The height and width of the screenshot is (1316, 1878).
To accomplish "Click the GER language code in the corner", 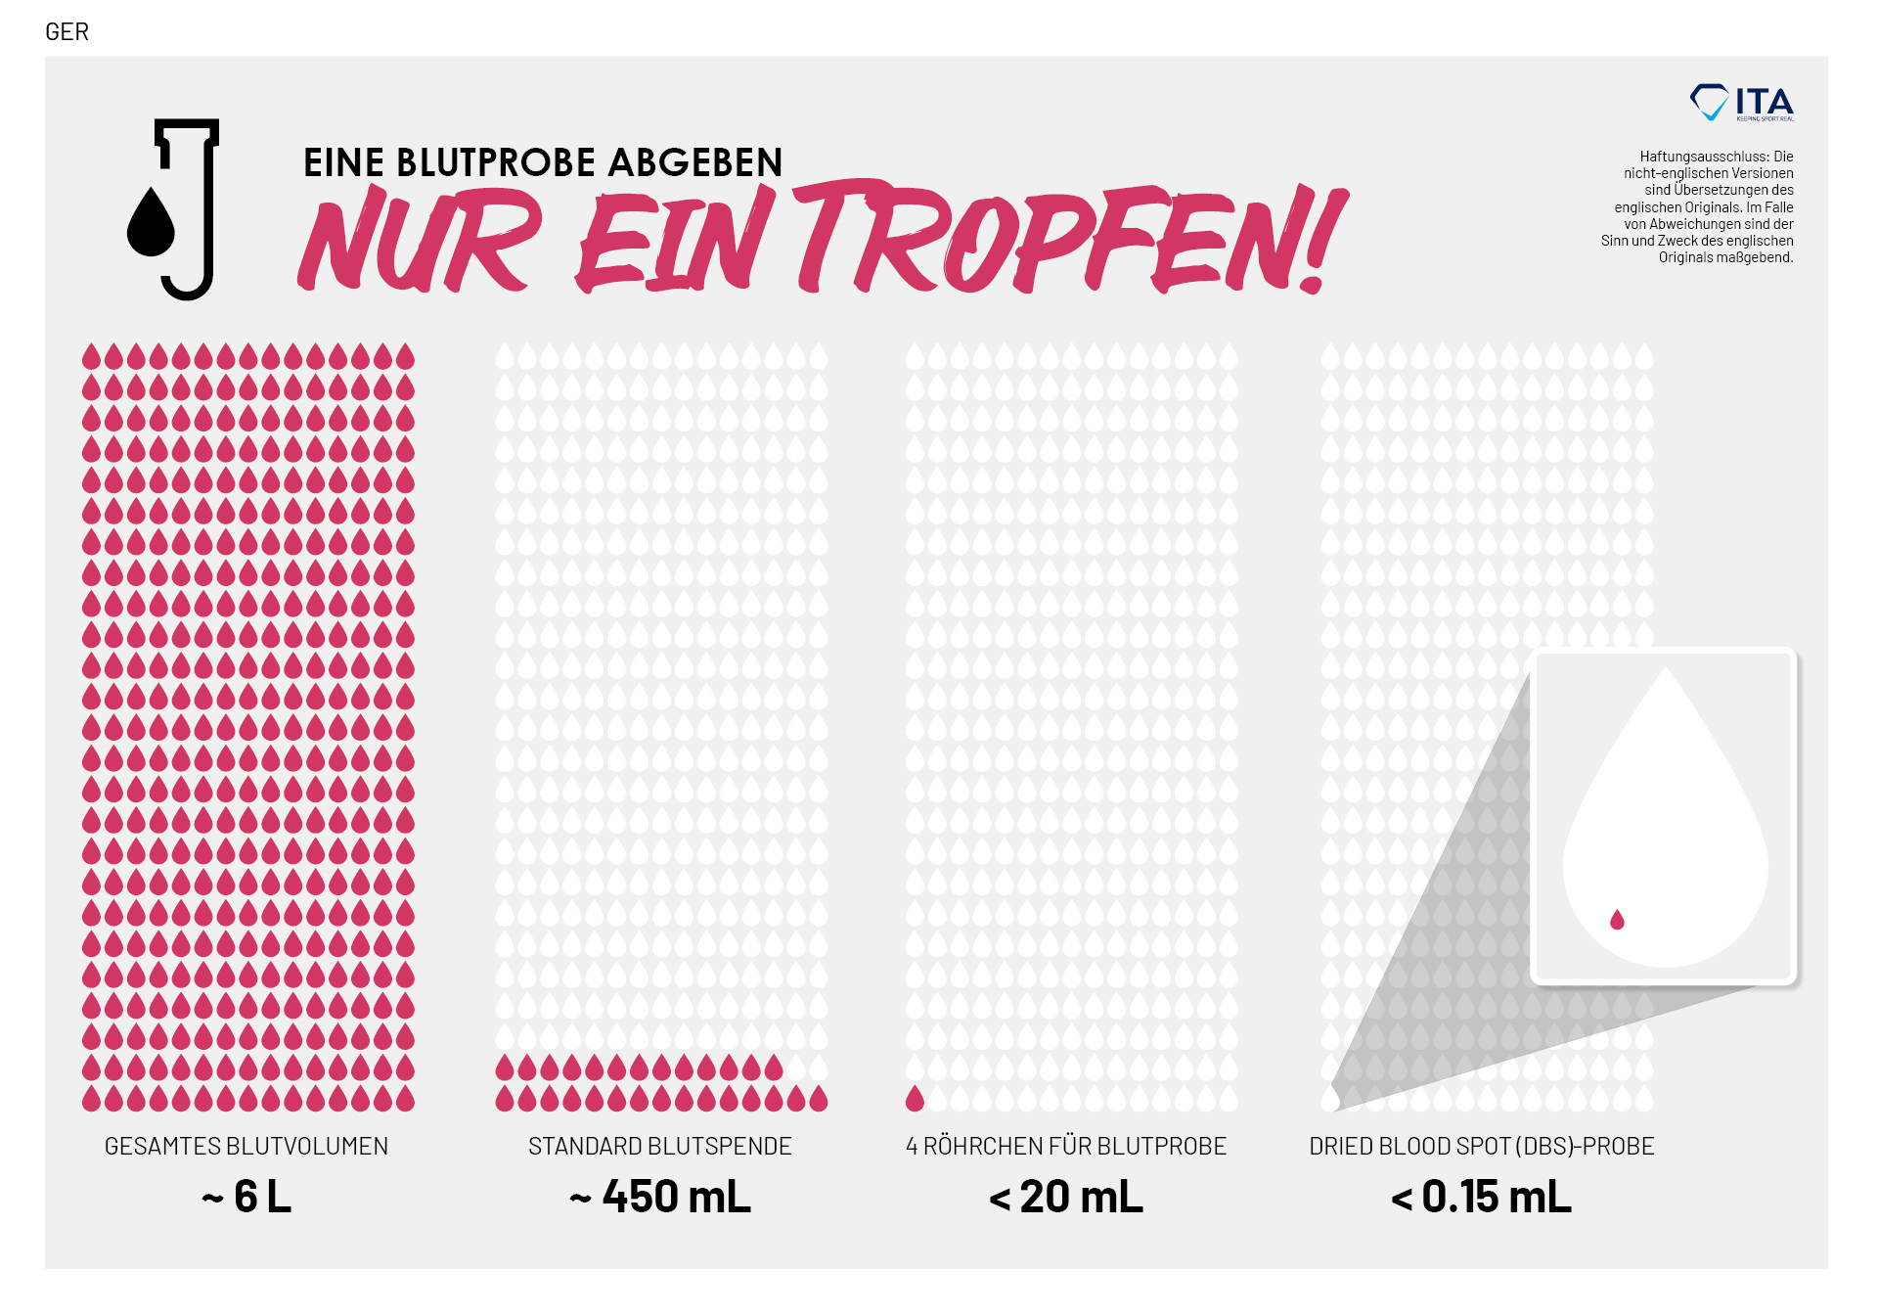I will click(67, 32).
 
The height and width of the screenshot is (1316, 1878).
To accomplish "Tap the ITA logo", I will click(1742, 103).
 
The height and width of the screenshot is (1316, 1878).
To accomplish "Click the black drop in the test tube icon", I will click(151, 223).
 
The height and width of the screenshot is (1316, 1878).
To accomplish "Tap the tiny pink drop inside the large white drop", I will click(1617, 920).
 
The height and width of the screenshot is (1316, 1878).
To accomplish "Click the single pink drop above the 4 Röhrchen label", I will click(915, 1099).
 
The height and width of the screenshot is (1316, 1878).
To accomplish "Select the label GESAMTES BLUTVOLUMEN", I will click(246, 1146).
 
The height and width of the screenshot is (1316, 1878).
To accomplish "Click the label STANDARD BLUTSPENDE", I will click(660, 1146).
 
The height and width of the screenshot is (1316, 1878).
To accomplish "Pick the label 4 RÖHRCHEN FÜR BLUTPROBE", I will click(1066, 1146).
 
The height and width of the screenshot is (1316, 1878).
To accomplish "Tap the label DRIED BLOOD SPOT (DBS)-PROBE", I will click(1482, 1146).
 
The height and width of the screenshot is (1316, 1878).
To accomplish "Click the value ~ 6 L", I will click(246, 1197).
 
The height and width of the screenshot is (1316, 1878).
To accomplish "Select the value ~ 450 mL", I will click(660, 1197).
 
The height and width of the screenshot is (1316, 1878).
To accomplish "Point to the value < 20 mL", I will click(1066, 1197).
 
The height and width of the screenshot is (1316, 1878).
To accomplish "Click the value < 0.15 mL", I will click(1482, 1197).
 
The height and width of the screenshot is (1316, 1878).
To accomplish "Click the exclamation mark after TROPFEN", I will click(1325, 240).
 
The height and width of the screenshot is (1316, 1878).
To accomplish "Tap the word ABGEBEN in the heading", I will click(695, 162).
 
